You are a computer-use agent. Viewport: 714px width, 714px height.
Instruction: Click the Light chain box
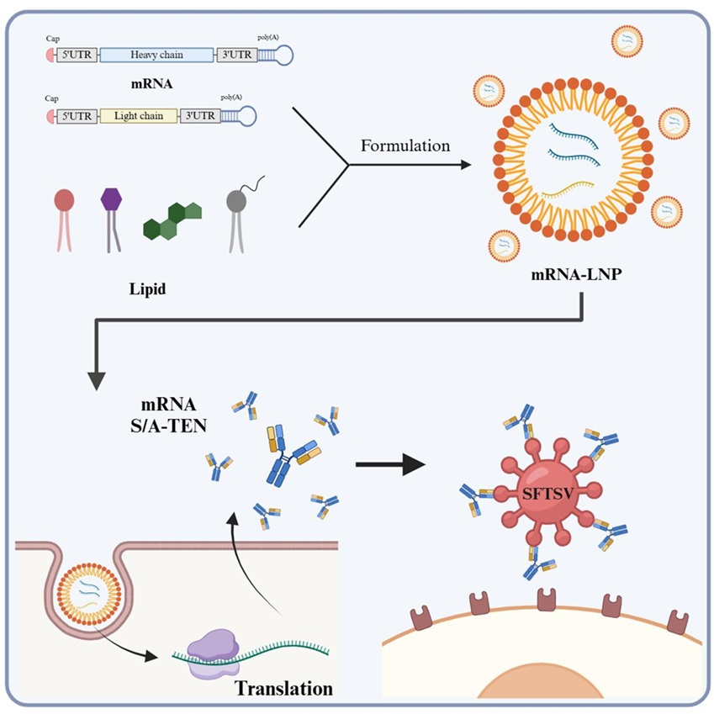138,116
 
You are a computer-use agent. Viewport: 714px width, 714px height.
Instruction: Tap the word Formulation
405,145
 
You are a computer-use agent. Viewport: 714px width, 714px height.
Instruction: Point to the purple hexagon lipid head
111,199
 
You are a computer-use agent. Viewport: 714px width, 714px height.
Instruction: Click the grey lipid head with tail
237,201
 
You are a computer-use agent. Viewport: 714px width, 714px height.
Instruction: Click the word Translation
283,689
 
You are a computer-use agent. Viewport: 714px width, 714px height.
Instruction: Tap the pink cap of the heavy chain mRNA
49,56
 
